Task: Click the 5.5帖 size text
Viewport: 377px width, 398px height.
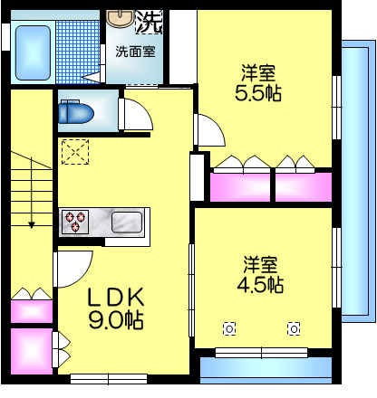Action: [x=258, y=93]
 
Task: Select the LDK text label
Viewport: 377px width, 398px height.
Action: [x=114, y=297]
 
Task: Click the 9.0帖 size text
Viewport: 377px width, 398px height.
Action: [x=114, y=319]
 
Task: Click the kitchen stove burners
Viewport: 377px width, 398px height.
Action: [x=73, y=221]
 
